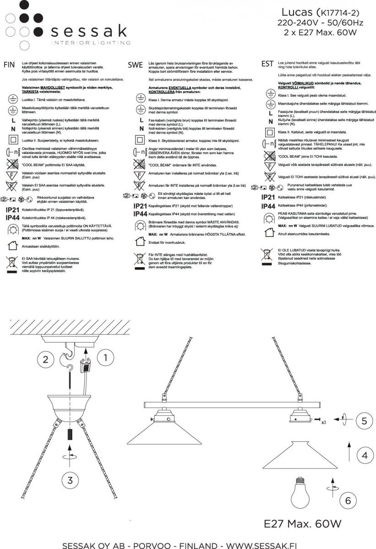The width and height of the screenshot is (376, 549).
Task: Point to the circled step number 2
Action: [45, 359]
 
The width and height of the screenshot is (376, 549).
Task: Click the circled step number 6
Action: [348, 501]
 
